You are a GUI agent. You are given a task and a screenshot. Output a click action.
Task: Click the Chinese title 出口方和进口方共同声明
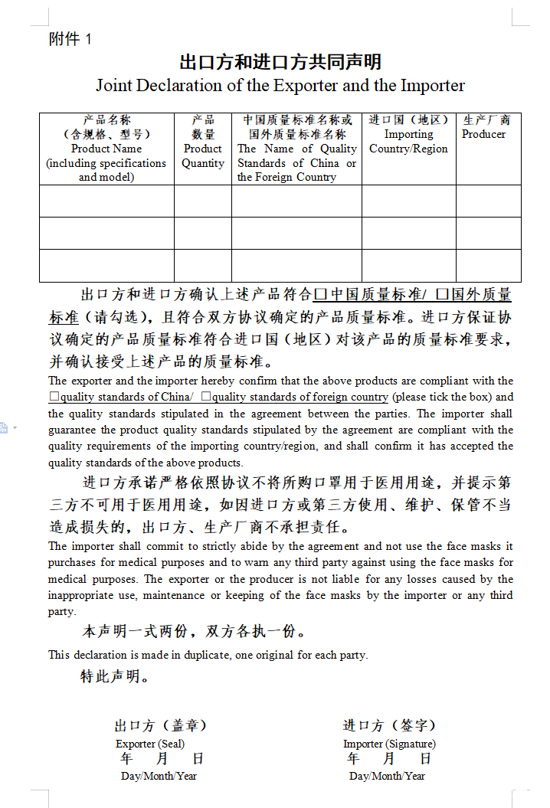(x=280, y=61)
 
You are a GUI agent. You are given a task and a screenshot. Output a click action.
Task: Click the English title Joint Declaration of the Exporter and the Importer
(x=280, y=85)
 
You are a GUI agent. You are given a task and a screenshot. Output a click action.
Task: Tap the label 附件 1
(x=70, y=40)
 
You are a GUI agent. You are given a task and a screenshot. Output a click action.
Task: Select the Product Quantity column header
(x=203, y=149)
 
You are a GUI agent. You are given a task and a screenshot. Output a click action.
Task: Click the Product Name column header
(x=106, y=149)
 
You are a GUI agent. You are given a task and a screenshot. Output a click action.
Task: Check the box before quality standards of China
(x=54, y=397)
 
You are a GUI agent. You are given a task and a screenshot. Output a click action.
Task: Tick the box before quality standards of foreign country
(x=205, y=397)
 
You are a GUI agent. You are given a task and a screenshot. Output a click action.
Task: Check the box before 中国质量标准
(x=321, y=294)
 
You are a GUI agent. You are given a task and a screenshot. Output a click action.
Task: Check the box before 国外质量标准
(x=442, y=294)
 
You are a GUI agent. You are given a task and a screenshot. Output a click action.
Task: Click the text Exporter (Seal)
(x=150, y=744)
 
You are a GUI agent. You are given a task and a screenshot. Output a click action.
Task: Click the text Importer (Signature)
(x=389, y=744)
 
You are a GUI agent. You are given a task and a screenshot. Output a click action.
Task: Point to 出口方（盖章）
(x=160, y=725)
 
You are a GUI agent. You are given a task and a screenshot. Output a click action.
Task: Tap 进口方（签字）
(x=389, y=725)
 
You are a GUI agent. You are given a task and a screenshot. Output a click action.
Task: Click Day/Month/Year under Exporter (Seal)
(x=159, y=776)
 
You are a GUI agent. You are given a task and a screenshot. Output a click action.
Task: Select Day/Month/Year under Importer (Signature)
(x=387, y=776)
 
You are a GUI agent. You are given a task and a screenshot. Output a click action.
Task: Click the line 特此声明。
(x=115, y=676)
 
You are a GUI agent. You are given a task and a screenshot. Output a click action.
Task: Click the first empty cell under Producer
(x=488, y=201)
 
